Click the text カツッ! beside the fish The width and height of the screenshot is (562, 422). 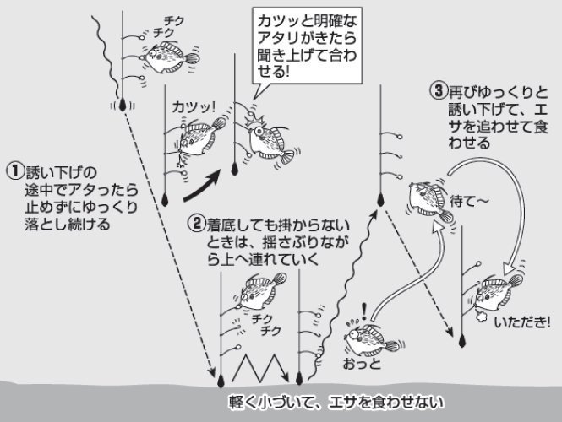[194, 108]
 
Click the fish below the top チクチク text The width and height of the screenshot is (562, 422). [174, 57]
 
